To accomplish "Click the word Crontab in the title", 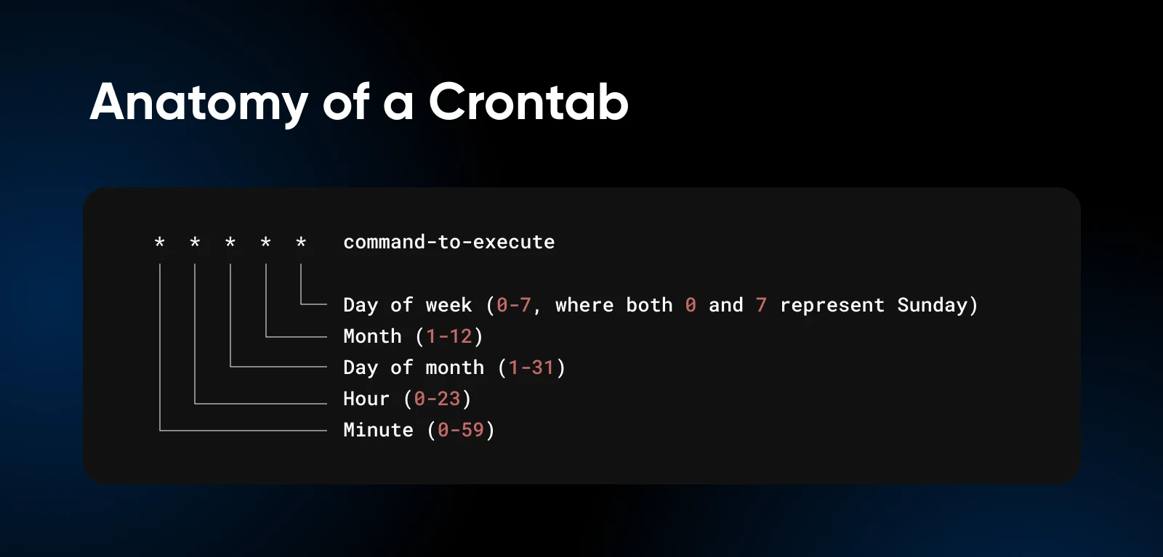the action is (x=528, y=102).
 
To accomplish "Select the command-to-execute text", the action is (x=449, y=243).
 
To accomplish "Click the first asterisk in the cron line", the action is (x=159, y=242).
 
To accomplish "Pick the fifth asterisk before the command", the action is (x=301, y=242).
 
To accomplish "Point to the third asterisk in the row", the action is (x=230, y=242).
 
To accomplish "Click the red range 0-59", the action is (x=461, y=430).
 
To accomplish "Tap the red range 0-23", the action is (x=437, y=399).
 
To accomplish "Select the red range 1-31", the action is (x=531, y=367).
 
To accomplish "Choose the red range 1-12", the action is (x=449, y=336).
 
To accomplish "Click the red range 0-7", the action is (x=513, y=305).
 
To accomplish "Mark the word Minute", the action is (x=379, y=430).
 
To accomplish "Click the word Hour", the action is (x=366, y=399).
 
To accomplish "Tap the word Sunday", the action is (x=933, y=305).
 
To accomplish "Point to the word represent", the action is (x=832, y=306).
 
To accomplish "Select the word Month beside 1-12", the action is (x=373, y=336).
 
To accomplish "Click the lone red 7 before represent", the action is (x=761, y=305).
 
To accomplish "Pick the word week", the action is (x=449, y=305).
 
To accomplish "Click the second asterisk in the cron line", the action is (x=195, y=242).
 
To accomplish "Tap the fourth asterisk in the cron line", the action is (x=265, y=242).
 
